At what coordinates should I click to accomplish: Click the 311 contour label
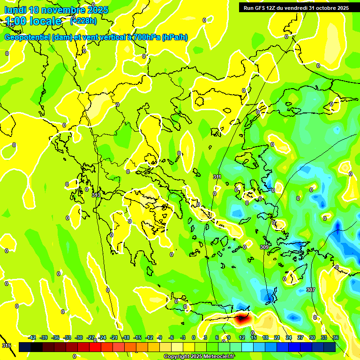pyautogui.click(x=217, y=177)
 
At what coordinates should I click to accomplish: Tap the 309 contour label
pyautogui.click(x=264, y=247)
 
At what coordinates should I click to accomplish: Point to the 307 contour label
pyautogui.click(x=311, y=290)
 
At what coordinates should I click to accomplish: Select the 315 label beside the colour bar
pyautogui.click(x=7, y=345)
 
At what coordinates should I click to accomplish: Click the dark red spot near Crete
pyautogui.click(x=242, y=319)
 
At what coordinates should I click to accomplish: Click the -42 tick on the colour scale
pyautogui.click(x=32, y=337)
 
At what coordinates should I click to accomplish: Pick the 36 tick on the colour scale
pyautogui.click(x=336, y=337)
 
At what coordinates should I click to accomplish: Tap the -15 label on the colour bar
pyautogui.click(x=137, y=337)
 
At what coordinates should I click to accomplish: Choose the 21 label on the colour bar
pyautogui.click(x=277, y=337)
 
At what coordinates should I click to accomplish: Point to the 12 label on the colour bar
pyautogui.click(x=241, y=337)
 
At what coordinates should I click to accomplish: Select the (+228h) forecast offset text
pyautogui.click(x=83, y=21)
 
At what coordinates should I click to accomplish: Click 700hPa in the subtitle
pyautogui.click(x=146, y=37)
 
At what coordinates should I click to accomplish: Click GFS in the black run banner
pyautogui.click(x=261, y=8)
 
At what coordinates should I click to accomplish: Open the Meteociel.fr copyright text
pyautogui.click(x=199, y=357)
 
